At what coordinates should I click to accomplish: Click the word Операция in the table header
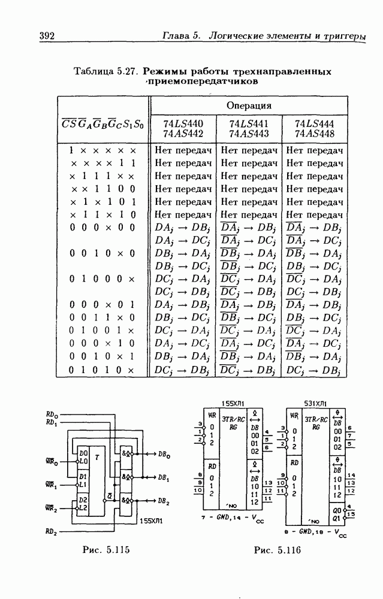point(249,105)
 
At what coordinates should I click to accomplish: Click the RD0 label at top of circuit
point(52,413)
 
